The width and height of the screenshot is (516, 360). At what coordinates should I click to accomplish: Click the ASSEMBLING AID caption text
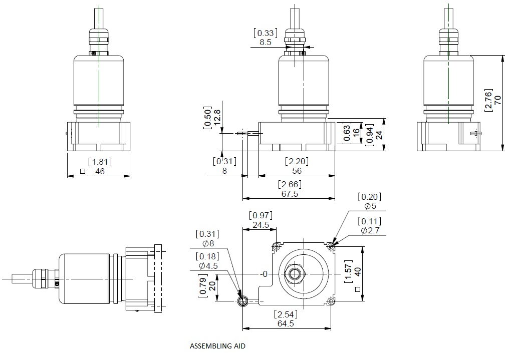click(218, 346)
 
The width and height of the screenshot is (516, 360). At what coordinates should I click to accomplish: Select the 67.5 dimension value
click(290, 194)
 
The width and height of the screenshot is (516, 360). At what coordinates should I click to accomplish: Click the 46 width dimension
click(100, 171)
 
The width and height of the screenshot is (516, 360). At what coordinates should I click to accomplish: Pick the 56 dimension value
click(297, 171)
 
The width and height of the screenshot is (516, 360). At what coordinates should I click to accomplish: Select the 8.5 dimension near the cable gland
click(266, 43)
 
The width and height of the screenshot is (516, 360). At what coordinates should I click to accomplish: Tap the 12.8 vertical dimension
click(217, 118)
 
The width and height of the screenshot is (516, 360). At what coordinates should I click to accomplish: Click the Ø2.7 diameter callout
click(371, 231)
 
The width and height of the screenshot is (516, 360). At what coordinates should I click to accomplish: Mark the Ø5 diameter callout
click(371, 206)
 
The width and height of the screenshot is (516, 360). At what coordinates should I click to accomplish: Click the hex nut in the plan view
click(294, 274)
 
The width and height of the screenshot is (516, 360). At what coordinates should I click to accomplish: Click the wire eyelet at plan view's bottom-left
click(243, 301)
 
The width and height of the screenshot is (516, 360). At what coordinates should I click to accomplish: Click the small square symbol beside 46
click(82, 171)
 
